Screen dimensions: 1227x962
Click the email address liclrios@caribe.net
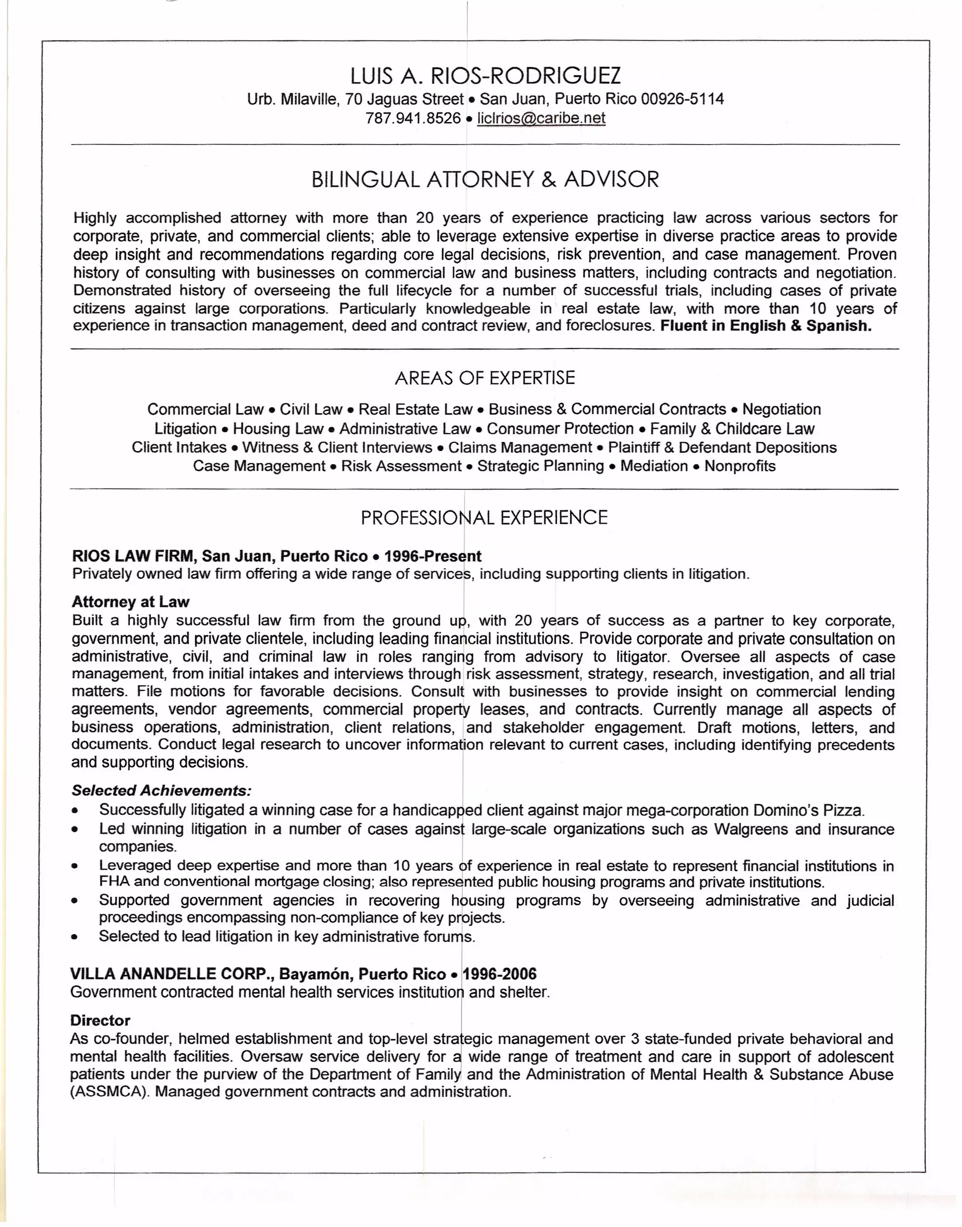coord(541,118)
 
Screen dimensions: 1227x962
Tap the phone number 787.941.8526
coord(413,118)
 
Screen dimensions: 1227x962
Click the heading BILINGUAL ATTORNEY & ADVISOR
coord(485,180)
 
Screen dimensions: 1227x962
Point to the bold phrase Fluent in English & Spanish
coord(766,326)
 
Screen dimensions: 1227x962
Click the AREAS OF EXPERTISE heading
coord(485,378)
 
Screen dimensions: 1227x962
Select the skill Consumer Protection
coord(560,429)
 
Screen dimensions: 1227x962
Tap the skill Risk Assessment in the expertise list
coord(401,466)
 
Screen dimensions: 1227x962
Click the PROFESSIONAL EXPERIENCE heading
coord(484,517)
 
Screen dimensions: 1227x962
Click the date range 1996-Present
coord(432,556)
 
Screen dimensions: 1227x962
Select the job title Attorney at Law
coord(130,602)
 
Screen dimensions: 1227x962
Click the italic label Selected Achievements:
coord(161,791)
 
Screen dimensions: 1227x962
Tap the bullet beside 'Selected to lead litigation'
coord(75,938)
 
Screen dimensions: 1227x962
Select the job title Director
coord(100,1020)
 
